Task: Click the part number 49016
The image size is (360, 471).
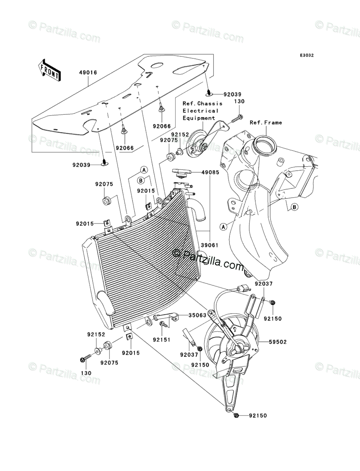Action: [88, 73]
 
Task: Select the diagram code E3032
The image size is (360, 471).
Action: [306, 56]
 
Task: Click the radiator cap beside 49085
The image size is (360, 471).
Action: [182, 173]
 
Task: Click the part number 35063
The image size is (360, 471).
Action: [198, 315]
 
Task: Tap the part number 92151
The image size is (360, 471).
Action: [161, 339]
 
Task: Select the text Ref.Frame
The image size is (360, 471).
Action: [266, 122]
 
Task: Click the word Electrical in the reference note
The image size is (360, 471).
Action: [200, 110]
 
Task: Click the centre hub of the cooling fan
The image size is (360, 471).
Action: [241, 347]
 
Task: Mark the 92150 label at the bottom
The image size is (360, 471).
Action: [258, 415]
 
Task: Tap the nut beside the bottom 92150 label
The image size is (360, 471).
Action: [236, 415]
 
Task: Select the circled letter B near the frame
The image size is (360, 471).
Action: [294, 207]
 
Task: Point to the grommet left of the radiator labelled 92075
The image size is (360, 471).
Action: [107, 200]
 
